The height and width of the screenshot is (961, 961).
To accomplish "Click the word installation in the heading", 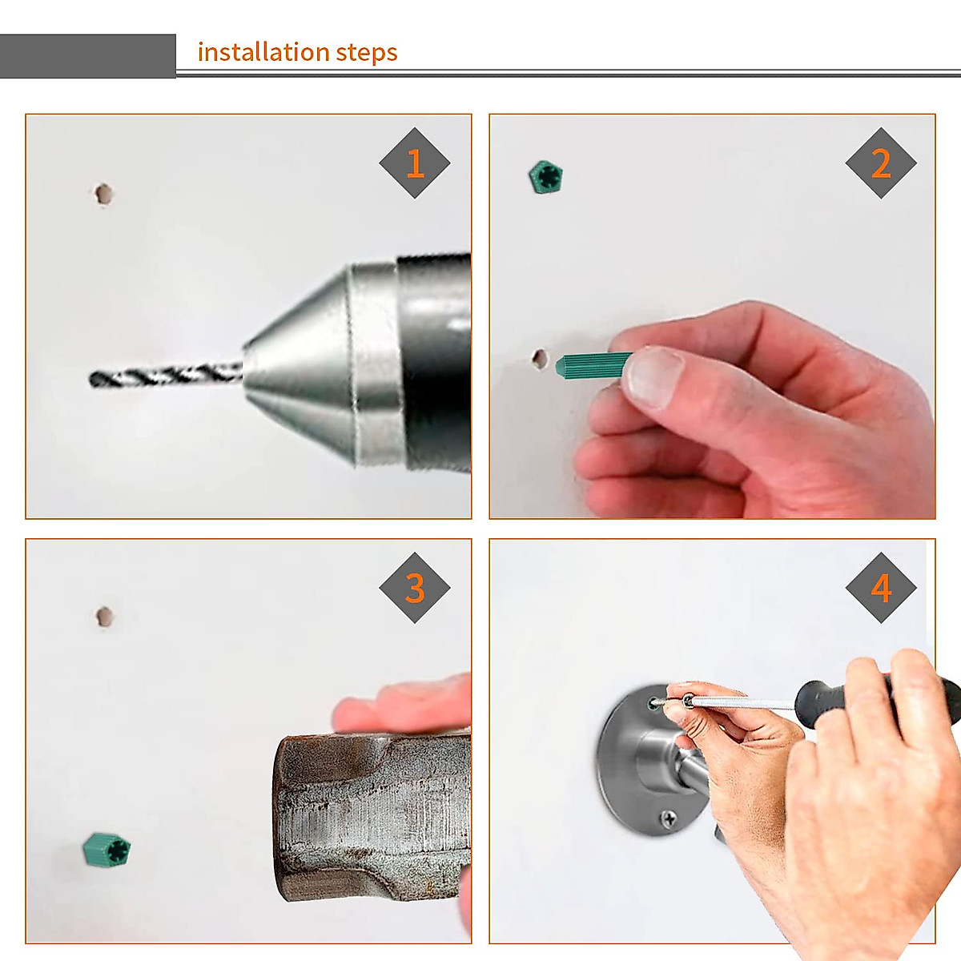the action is tap(263, 52).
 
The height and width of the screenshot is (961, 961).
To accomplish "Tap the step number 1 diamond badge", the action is tap(414, 163).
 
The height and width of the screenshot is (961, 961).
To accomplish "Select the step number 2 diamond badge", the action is tap(881, 163).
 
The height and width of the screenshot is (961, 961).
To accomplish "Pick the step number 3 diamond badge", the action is tap(414, 588).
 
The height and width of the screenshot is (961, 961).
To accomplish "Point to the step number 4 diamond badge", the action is tap(881, 588).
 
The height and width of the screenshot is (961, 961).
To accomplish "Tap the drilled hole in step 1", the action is tap(103, 194).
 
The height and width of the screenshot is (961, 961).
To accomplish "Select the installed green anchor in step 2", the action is tap(545, 176).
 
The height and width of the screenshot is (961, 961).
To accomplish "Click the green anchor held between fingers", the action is tap(593, 365).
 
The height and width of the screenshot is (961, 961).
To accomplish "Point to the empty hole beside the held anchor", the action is tap(539, 358).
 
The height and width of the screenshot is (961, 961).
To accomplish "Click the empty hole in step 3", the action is tap(104, 617).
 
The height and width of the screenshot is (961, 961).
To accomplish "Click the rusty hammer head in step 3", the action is tap(372, 817).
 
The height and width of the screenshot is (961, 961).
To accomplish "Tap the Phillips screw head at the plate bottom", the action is tap(668, 818).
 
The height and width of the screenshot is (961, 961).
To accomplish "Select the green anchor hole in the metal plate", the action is tap(653, 704).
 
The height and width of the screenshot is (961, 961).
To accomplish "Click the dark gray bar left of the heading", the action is tap(88, 56).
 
